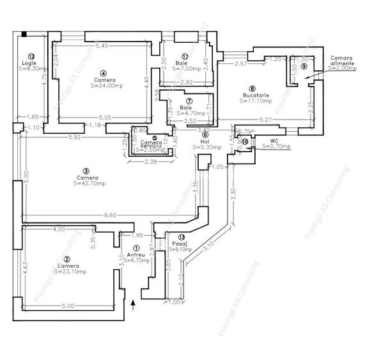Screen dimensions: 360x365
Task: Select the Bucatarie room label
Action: click(252, 95)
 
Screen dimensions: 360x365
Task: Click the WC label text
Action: click(274, 141)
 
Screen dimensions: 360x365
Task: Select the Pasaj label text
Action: click(178, 244)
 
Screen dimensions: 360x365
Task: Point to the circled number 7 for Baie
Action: click(189, 101)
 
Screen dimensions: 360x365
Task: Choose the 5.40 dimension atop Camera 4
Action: click(101, 47)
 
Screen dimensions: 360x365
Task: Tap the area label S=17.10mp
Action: click(254, 100)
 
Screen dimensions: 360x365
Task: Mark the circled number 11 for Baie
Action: click(185, 56)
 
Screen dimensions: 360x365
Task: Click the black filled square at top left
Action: click(24, 35)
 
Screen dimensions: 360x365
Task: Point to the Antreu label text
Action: click(137, 255)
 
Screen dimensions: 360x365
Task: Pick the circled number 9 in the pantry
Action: click(304, 66)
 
